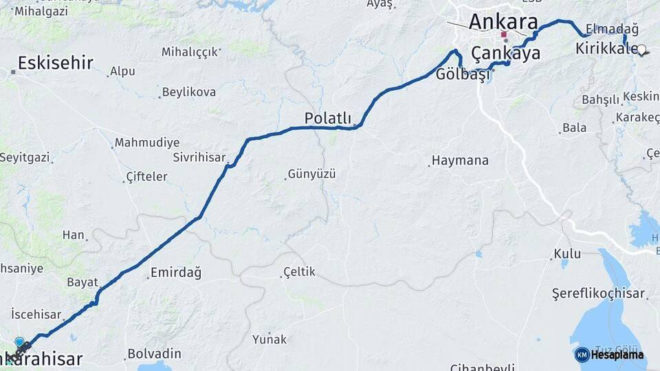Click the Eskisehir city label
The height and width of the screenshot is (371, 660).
tap(55, 64)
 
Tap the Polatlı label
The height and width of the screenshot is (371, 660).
tap(328, 118)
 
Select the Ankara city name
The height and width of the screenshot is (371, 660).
tap(503, 21)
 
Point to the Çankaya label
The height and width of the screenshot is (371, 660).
tap(505, 53)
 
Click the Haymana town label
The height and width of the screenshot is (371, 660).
tap(460, 161)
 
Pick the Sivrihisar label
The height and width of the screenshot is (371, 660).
tap(199, 157)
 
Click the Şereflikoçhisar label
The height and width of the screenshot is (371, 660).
tap(599, 294)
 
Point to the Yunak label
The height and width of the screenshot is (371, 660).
tap(269, 339)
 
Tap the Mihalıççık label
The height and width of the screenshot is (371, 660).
tap(190, 52)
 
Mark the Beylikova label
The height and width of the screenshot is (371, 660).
tap(188, 92)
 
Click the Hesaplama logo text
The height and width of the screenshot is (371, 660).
tap(617, 355)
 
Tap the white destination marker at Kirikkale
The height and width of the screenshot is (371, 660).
tap(641, 49)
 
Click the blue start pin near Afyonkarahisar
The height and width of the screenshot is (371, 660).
tap(19, 341)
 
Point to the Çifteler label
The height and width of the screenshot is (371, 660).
tap(147, 177)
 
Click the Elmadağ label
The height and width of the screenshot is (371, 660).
tap(613, 29)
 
